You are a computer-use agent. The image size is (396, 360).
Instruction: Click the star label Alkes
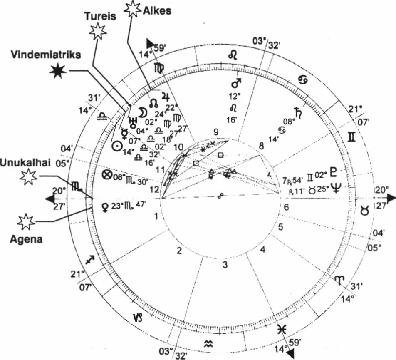pos(158,11)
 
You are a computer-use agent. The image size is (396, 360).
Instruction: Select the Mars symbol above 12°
pos(236,83)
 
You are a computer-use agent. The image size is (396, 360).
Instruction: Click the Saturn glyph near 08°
pos(298,113)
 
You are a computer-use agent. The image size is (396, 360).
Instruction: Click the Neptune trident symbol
pos(335,188)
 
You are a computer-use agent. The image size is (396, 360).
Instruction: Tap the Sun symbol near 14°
pos(117,146)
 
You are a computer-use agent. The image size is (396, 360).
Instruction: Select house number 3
pos(224,265)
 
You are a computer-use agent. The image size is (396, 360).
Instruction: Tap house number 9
pos(215,132)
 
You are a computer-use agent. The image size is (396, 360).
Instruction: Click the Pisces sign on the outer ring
pos(282,329)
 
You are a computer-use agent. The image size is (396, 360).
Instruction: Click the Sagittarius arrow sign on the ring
pos(89,260)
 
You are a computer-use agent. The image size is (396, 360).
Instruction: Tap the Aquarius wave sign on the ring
pos(208,343)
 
